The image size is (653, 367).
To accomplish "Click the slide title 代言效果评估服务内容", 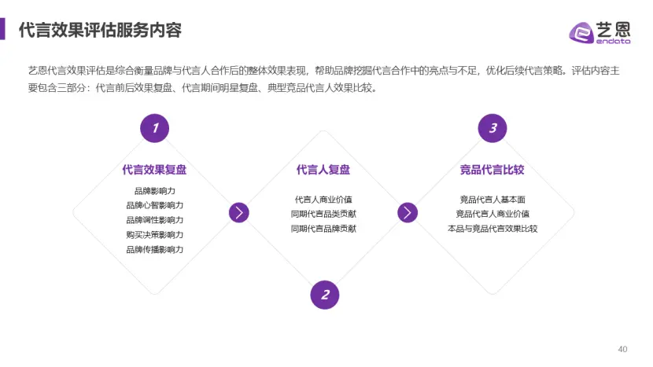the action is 101,30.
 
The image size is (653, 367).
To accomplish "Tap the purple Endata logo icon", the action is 581,32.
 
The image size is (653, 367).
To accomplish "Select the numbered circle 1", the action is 154,128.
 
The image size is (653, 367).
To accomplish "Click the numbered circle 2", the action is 325,295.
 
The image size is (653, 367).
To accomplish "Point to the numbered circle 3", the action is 493,128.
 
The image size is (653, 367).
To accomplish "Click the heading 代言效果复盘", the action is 154,170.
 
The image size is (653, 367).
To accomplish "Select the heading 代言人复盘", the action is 323,170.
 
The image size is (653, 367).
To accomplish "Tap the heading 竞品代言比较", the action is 493,170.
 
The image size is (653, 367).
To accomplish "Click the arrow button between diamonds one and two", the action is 239,213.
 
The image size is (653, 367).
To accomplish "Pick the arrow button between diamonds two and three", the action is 408,213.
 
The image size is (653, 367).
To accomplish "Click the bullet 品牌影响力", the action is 154,191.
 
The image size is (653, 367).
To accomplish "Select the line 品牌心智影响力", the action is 154,205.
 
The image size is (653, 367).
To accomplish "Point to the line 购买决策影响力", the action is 154,235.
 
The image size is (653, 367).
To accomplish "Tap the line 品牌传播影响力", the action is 154,249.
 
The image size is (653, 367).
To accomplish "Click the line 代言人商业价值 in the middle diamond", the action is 323,200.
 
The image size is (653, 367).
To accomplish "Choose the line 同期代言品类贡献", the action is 323,214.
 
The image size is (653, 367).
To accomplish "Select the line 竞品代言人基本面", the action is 493,200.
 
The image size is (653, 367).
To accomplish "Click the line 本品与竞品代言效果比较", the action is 493,229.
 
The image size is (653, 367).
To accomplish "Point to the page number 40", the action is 622,349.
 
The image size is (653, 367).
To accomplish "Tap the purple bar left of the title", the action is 2,29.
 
